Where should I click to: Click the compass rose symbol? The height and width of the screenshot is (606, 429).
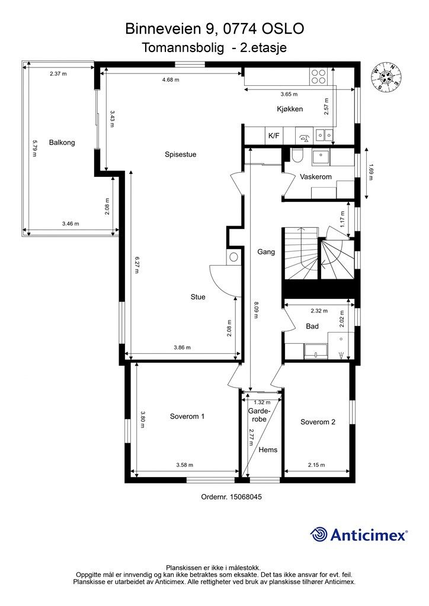(386, 76)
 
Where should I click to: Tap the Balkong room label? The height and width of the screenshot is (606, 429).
(62, 143)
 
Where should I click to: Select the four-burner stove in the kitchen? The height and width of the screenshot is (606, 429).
(318, 76)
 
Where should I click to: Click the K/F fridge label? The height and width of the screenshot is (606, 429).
(274, 136)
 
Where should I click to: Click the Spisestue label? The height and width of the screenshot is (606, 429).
(180, 154)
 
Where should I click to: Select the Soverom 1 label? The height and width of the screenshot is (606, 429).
(187, 416)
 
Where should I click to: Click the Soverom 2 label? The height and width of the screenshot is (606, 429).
(318, 421)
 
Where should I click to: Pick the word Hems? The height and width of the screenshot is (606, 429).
(268, 450)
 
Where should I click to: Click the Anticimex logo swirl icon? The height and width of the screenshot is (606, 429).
(319, 534)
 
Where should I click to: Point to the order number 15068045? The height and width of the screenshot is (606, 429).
(246, 497)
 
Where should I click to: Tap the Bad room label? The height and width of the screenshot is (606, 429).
(312, 326)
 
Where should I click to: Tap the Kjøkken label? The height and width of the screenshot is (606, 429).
(290, 109)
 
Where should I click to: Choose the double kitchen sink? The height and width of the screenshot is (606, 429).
(324, 135)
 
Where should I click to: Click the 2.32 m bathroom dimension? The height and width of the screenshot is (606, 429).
(319, 310)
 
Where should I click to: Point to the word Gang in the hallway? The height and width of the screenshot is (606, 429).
(266, 252)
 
